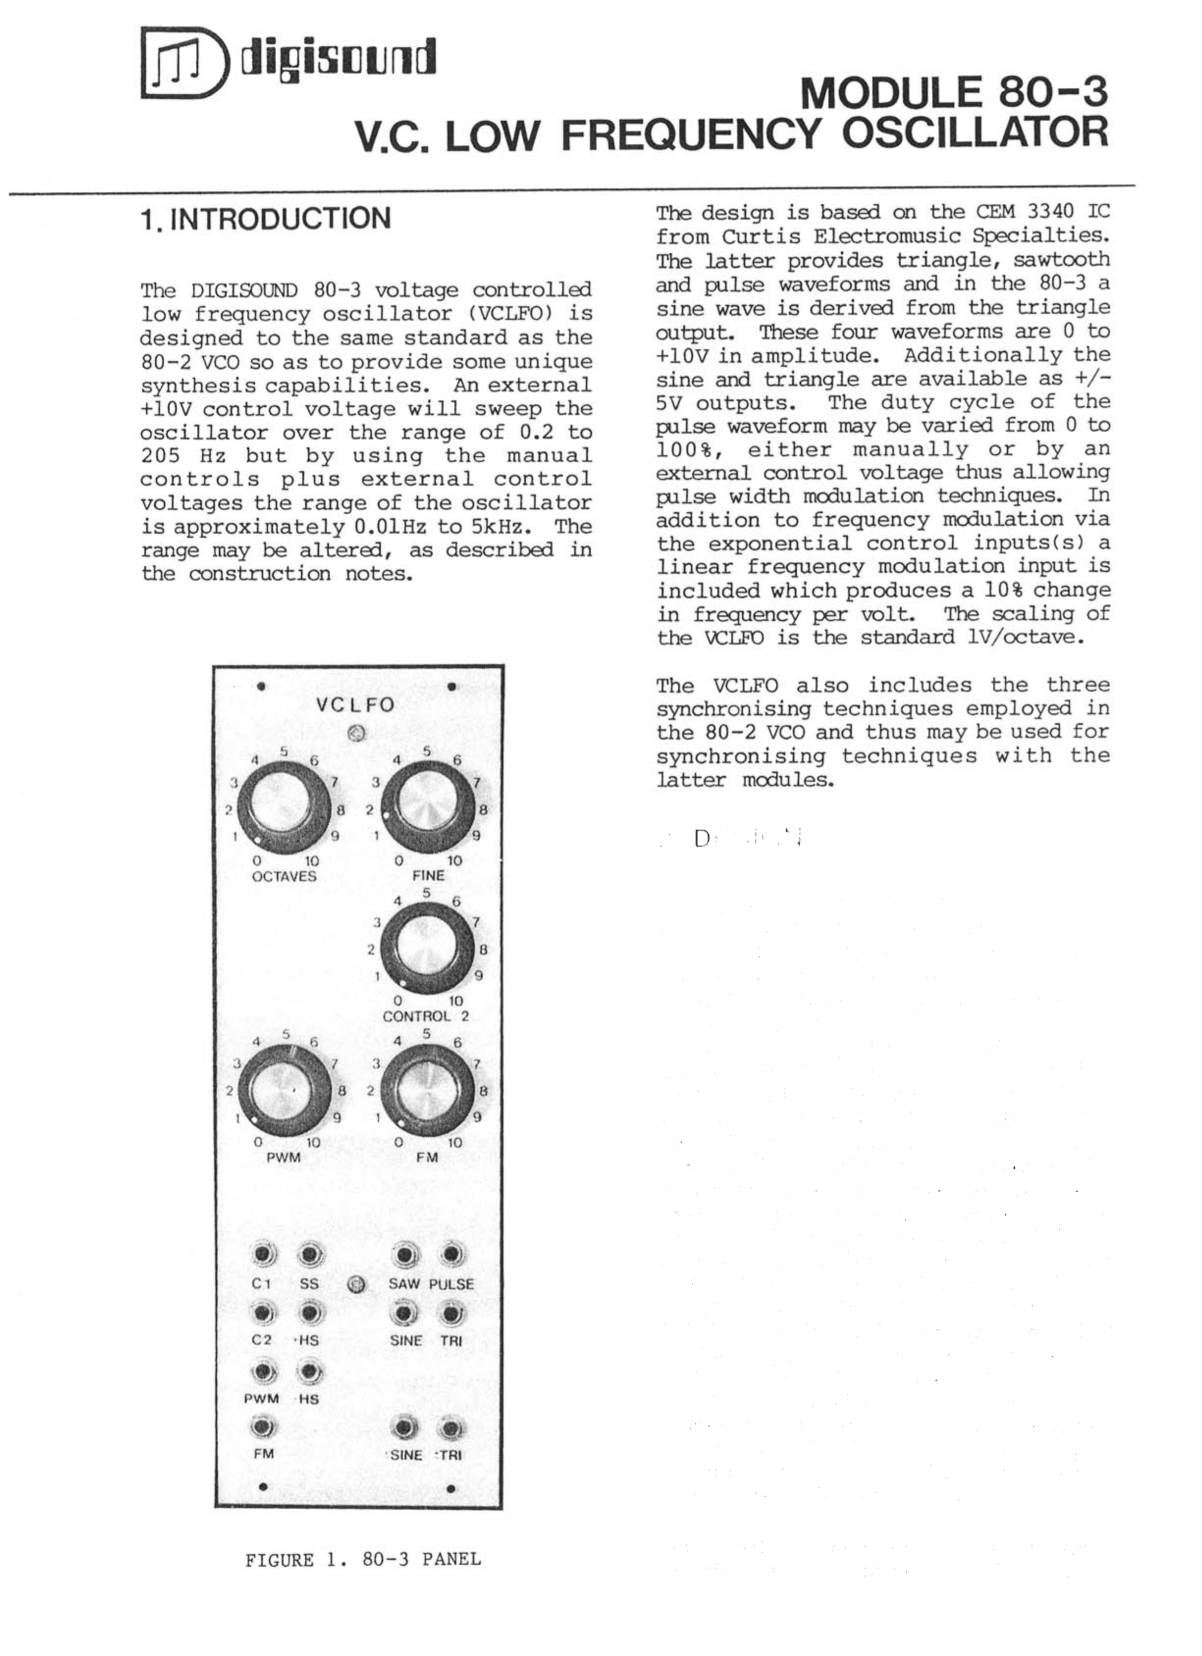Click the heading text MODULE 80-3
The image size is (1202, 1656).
[954, 92]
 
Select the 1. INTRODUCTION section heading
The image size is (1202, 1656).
[266, 218]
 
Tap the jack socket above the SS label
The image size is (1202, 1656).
[310, 1255]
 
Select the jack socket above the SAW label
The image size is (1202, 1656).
[405, 1255]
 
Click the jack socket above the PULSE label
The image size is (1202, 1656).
[451, 1255]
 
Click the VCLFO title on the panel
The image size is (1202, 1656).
[355, 705]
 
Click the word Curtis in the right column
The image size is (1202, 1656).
[755, 237]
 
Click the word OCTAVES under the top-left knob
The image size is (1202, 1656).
[284, 876]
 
